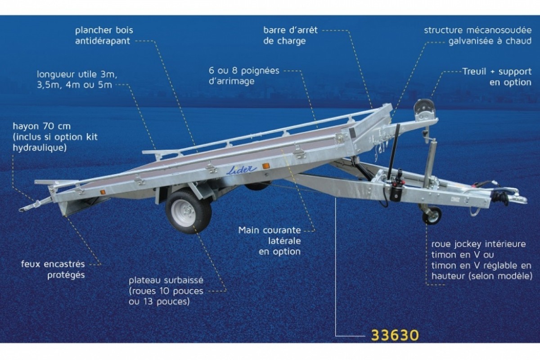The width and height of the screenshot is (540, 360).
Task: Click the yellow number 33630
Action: pos(395,335)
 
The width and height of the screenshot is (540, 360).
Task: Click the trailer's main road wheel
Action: pos(188,211)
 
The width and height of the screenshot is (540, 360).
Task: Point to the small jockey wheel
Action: pos(432,215)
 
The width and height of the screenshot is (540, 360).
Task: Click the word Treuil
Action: pos(474,72)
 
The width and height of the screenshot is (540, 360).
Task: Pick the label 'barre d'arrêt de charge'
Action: pos(290,36)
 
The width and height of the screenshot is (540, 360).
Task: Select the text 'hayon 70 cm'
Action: pos(42,126)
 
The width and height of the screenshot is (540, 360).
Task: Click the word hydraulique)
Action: pos(40,148)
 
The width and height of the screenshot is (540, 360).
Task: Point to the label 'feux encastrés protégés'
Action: pos(53,270)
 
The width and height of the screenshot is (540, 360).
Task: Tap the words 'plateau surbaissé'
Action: pos(166,280)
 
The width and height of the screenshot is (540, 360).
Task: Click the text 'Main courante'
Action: pos(270,230)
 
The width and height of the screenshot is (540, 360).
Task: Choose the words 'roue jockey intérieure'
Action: pos(478,244)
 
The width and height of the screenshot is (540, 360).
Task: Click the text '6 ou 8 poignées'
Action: pos(244,71)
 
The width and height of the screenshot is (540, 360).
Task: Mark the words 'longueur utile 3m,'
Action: pos(77,74)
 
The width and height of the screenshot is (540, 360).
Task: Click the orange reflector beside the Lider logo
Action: pos(266,166)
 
